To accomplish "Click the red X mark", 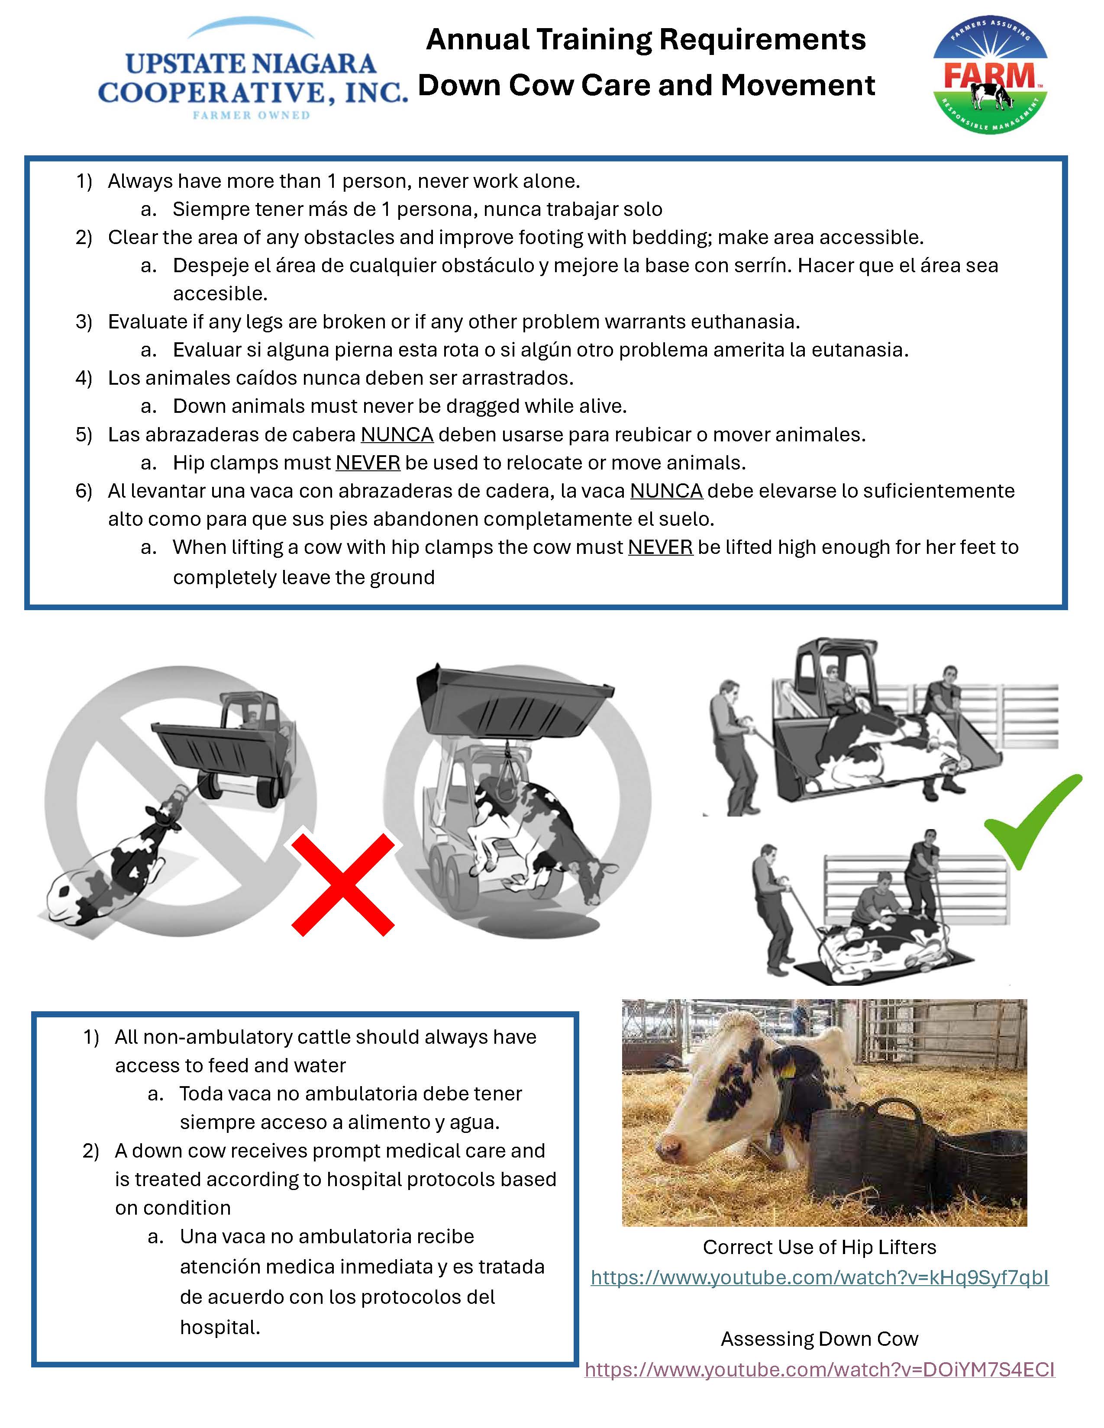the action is [x=343, y=884].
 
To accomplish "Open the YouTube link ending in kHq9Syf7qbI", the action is [x=820, y=1277].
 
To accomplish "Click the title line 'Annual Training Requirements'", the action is [x=646, y=39].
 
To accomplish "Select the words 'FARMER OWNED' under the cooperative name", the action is [x=251, y=115].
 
